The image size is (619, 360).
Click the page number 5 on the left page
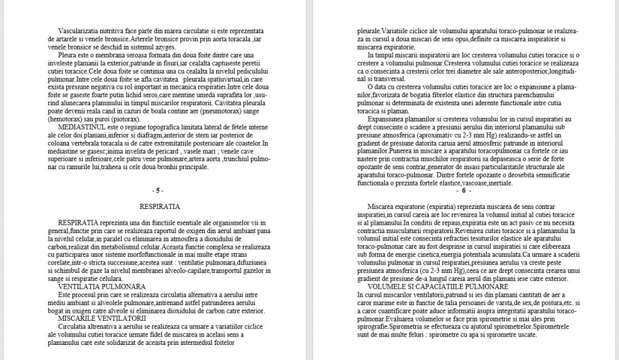coord(157,191)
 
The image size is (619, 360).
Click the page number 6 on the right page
coord(462,191)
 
